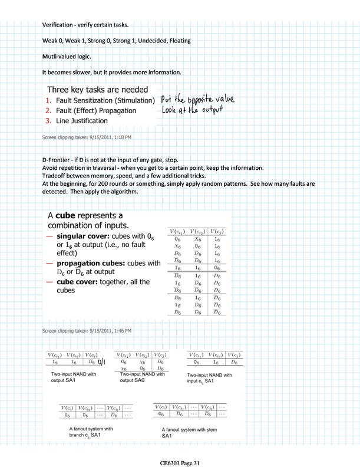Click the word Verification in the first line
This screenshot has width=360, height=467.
[x=57, y=25]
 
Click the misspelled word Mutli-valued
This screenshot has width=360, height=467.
[x=61, y=57]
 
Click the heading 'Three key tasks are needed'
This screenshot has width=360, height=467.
[x=101, y=90]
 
